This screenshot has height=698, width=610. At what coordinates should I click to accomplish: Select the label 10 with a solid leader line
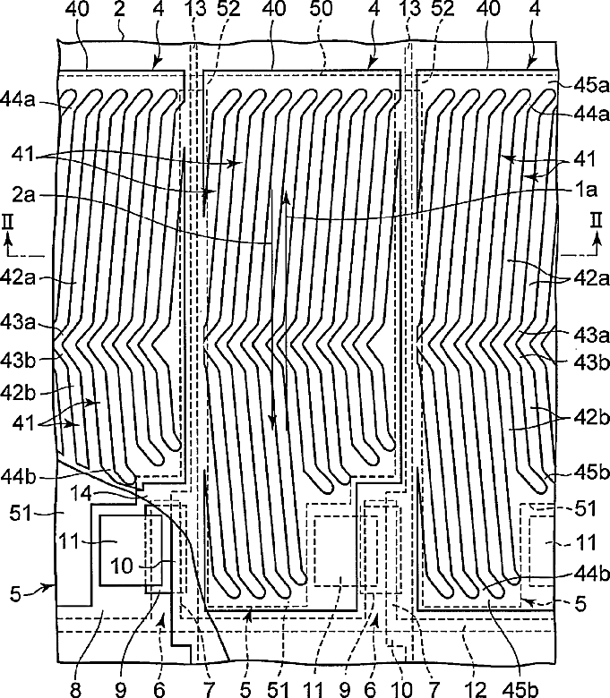pyautogui.click(x=123, y=566)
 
